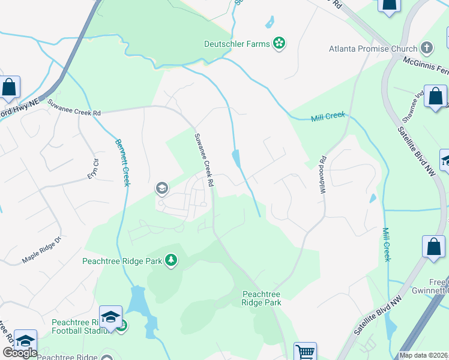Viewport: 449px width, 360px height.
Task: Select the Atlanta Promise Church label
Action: click(x=373, y=48)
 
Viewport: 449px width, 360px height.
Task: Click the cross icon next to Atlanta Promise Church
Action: click(x=427, y=47)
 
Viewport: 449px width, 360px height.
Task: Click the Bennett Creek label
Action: click(x=122, y=162)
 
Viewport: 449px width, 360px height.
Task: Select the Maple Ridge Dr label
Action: click(x=42, y=252)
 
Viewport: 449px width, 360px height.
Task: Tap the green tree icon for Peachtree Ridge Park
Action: click(x=172, y=260)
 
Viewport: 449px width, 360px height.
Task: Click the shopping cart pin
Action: click(x=305, y=352)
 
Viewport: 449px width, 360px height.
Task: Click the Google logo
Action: click(x=19, y=353)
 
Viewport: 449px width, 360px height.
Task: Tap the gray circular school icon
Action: click(x=161, y=189)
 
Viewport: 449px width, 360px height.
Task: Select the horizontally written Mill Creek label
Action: click(x=328, y=116)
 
